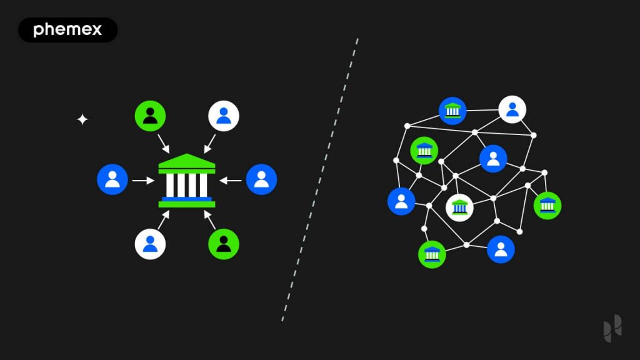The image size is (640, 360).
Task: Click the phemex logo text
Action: click(67, 30)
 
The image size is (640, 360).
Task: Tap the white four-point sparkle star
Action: click(82, 119)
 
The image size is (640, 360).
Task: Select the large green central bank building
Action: click(186, 181)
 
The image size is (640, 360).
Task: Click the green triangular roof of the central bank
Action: click(186, 161)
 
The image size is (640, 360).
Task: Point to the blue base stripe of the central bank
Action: click(186, 199)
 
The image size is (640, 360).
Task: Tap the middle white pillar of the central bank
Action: click(187, 185)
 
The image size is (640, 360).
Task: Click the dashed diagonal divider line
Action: click(319, 179)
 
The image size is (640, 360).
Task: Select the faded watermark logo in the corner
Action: click(612, 328)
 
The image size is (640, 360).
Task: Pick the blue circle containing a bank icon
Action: click(452, 111)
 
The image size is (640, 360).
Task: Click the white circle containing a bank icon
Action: click(459, 207)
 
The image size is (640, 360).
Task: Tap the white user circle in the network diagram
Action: click(512, 109)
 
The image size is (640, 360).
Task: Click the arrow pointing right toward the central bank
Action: click(143, 181)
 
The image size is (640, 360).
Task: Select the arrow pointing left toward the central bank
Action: click(230, 181)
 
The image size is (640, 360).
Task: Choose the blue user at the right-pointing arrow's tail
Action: click(112, 179)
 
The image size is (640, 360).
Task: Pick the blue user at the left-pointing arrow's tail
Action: click(261, 179)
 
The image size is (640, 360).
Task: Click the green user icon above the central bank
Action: click(150, 116)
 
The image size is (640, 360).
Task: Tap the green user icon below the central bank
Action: click(224, 244)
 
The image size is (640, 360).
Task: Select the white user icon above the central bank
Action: click(224, 116)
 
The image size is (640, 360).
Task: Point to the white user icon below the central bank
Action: click(150, 244)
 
